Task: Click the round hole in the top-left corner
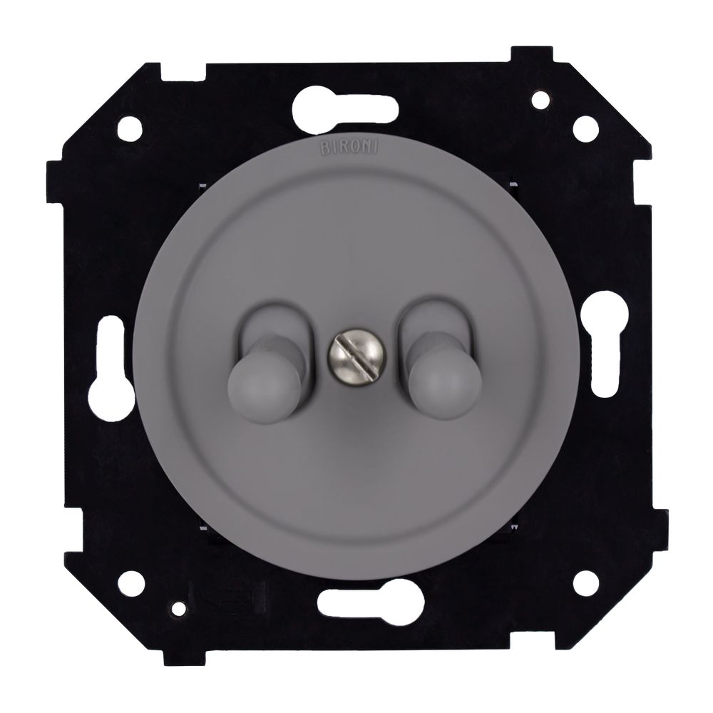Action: click(130, 128)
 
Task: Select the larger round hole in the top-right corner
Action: click(585, 128)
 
